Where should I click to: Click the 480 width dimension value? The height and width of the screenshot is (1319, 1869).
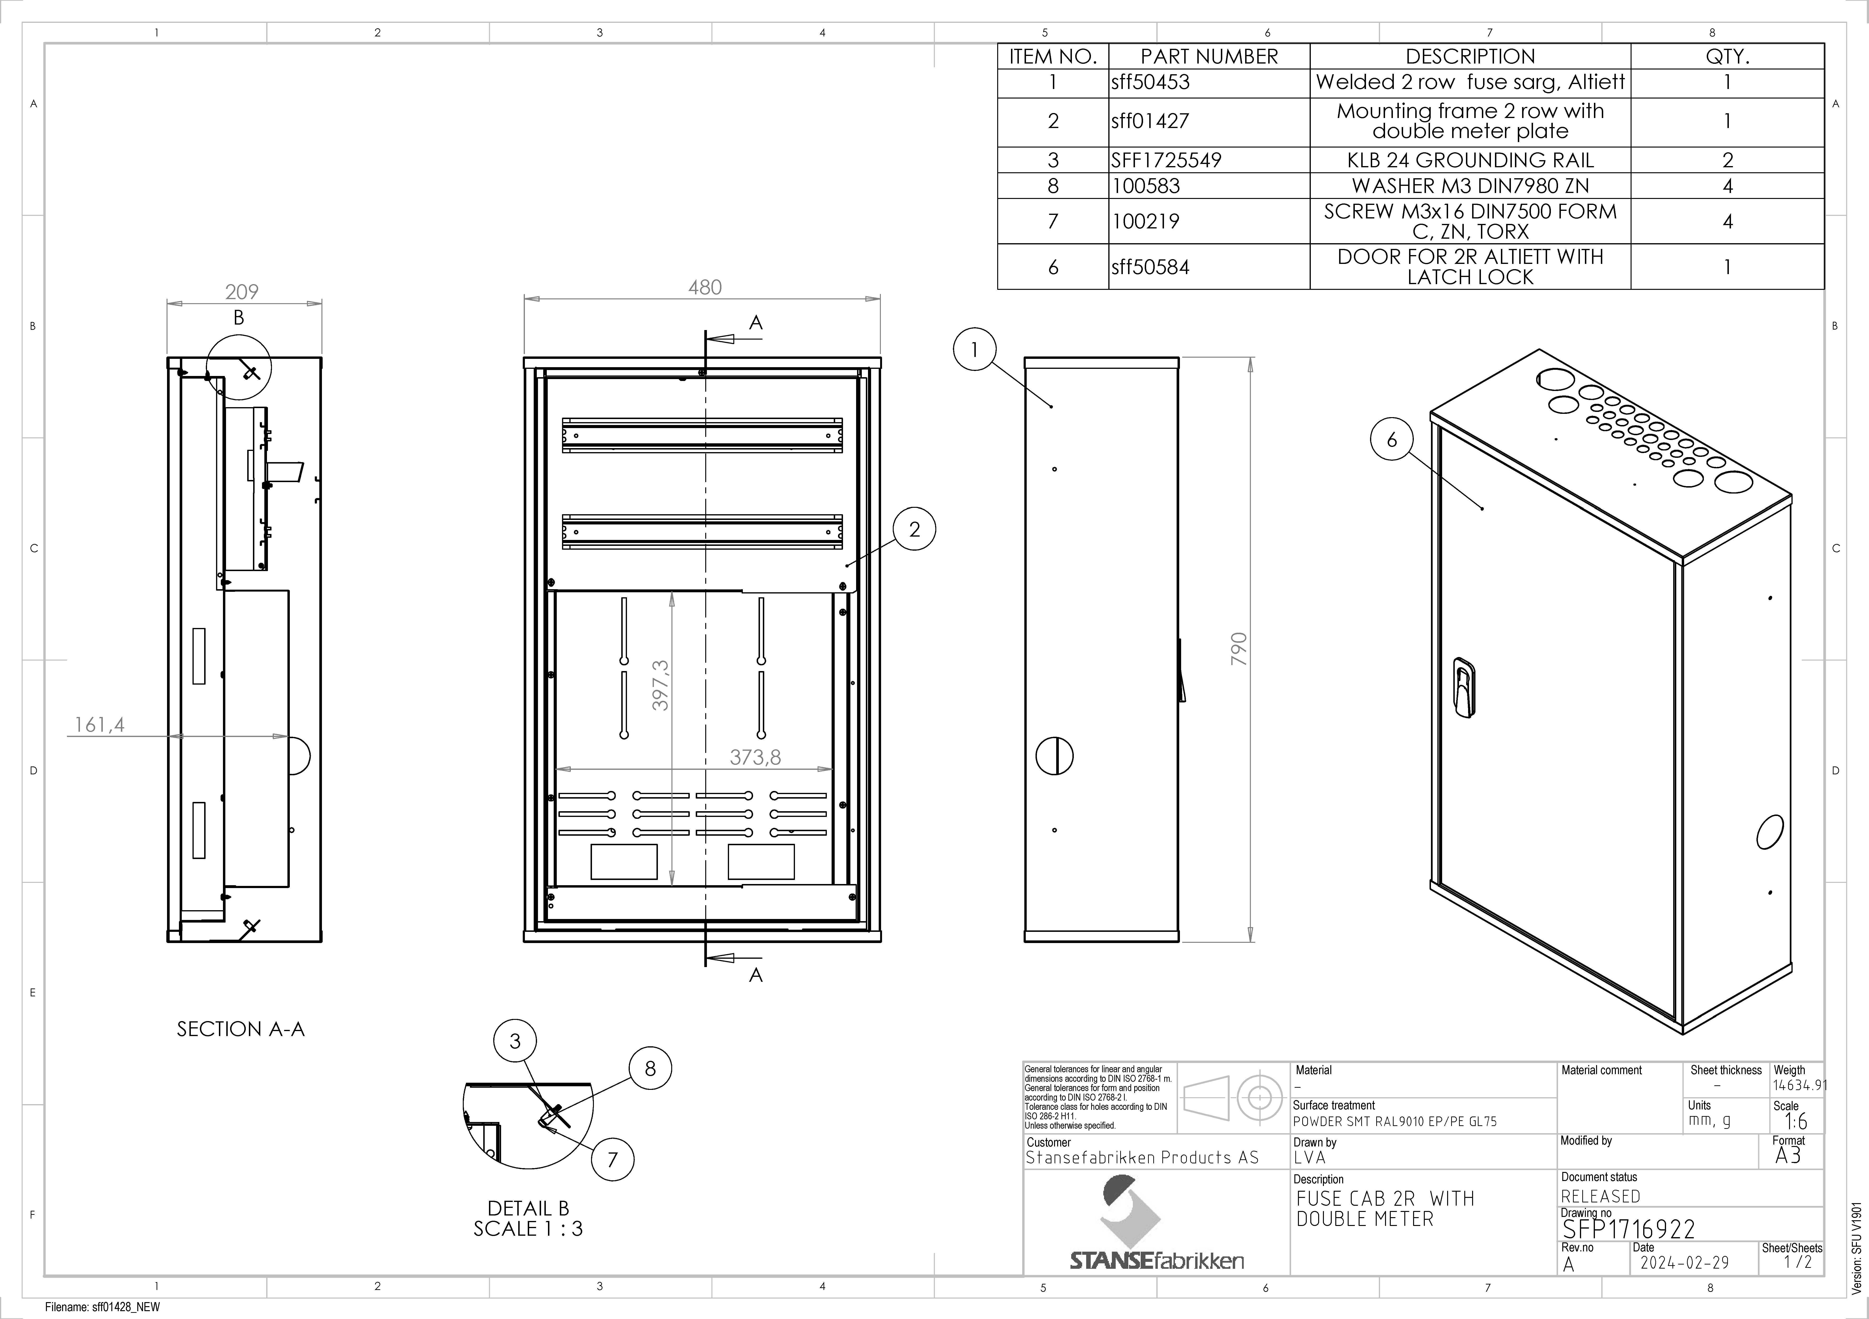(x=705, y=287)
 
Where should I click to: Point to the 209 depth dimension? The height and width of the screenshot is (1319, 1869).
(x=242, y=291)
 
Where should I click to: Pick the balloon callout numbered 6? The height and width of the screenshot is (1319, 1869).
(x=1392, y=440)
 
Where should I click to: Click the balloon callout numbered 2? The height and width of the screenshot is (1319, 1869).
(x=914, y=529)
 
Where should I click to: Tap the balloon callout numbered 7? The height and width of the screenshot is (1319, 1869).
(x=613, y=1159)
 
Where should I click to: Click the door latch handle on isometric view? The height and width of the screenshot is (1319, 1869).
(x=1464, y=688)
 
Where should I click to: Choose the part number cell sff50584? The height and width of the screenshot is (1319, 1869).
(x=1150, y=267)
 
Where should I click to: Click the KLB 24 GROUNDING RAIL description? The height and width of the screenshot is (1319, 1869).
(x=1470, y=160)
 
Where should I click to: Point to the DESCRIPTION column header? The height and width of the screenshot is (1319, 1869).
(x=1470, y=56)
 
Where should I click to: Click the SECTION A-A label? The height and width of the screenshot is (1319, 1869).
(x=241, y=1029)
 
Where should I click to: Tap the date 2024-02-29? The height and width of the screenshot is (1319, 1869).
(x=1683, y=1263)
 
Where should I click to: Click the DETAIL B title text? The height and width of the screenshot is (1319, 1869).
(x=528, y=1208)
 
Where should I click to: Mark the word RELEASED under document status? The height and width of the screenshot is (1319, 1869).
(x=1600, y=1196)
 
